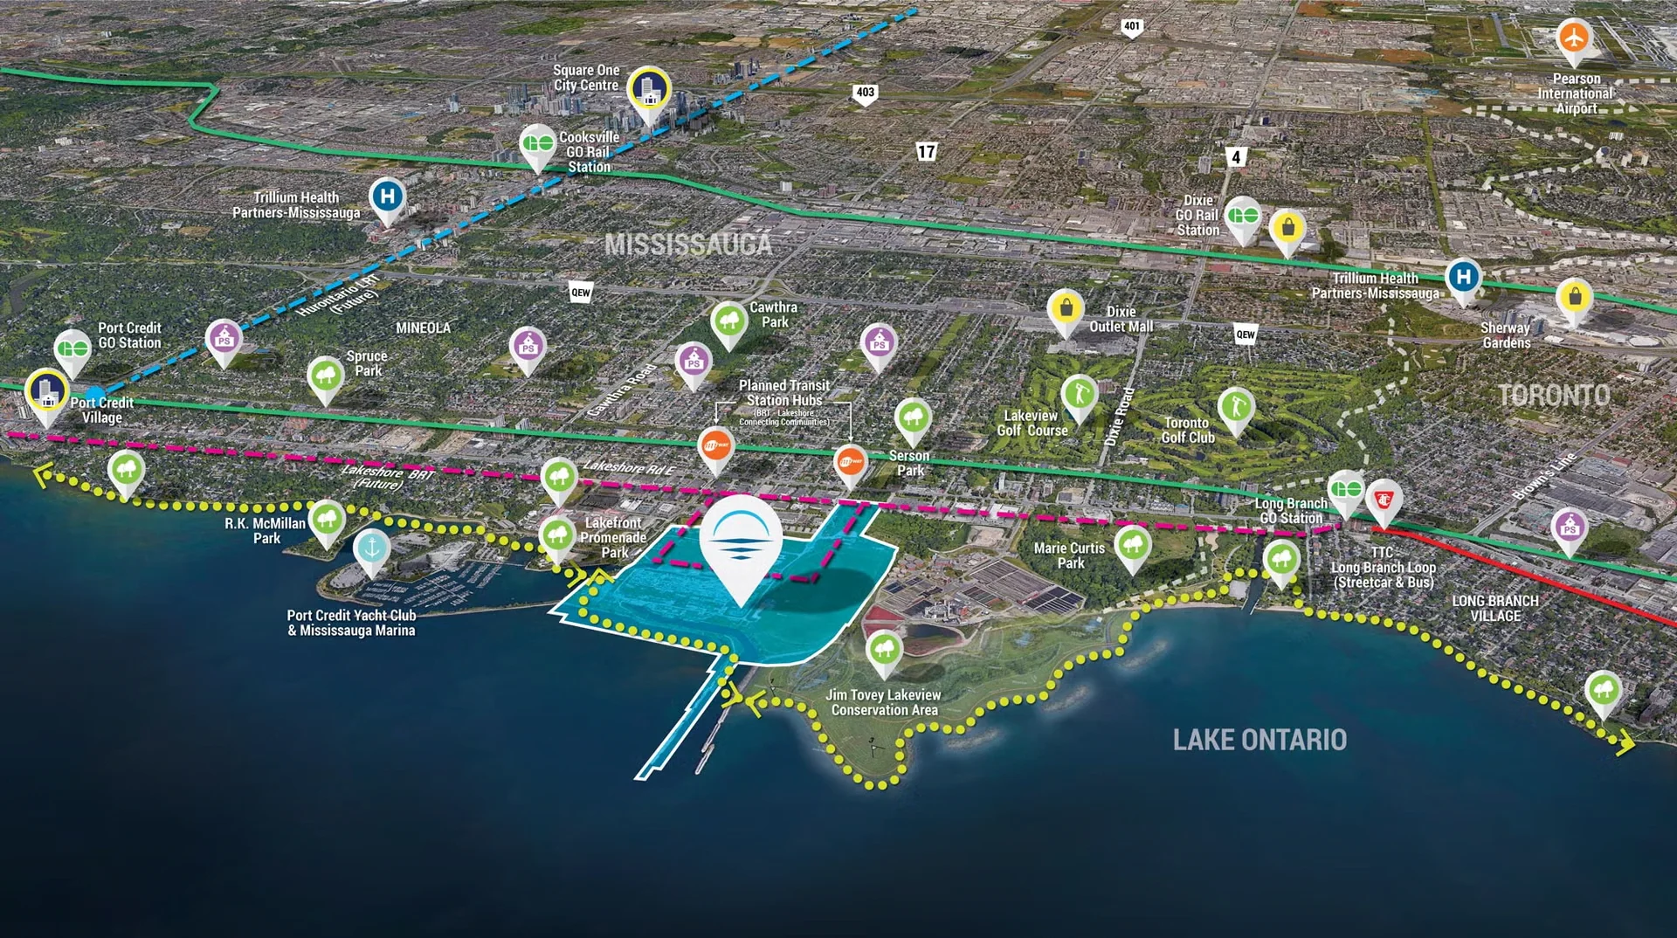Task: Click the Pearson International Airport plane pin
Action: tap(1573, 38)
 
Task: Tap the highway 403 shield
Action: tap(865, 93)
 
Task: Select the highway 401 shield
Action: tap(1132, 27)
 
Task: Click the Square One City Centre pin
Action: tap(649, 89)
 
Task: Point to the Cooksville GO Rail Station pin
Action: tap(538, 144)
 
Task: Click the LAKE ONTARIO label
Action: tap(1259, 741)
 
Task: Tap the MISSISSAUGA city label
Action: tap(688, 245)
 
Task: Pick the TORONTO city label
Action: tap(1554, 396)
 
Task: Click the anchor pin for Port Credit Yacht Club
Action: tap(372, 548)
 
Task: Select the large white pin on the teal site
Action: tap(741, 538)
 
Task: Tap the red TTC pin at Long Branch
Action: tap(1384, 500)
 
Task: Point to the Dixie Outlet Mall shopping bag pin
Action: tap(1066, 308)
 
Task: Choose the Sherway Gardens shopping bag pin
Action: tap(1574, 298)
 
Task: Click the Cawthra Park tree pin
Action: tap(728, 321)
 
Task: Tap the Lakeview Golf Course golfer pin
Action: tap(1079, 395)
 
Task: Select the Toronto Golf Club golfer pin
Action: tap(1236, 407)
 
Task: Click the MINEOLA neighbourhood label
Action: tap(423, 328)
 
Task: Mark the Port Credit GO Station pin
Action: tap(72, 349)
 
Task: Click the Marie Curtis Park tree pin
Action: tap(1133, 545)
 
